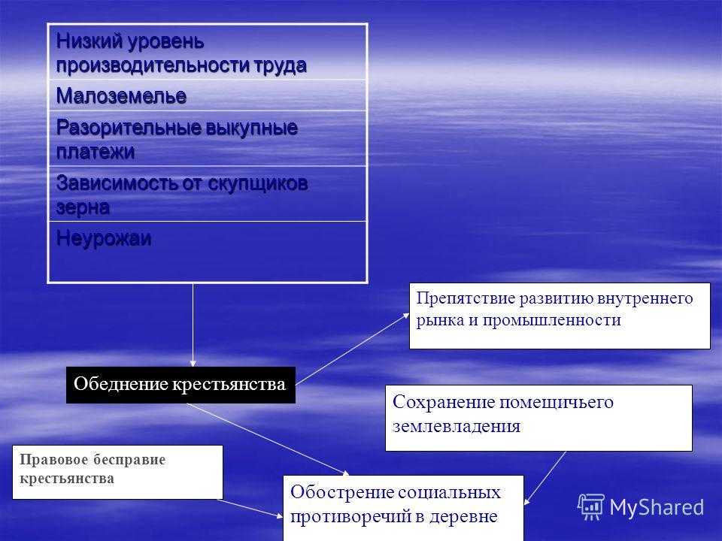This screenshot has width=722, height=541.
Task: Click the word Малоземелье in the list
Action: pyautogui.click(x=121, y=96)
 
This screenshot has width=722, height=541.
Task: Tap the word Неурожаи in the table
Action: pyautogui.click(x=104, y=238)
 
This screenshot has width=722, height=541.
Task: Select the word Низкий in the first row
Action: pyautogui.click(x=89, y=41)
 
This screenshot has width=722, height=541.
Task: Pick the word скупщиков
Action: pyautogui.click(x=258, y=184)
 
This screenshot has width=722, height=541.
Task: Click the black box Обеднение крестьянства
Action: pyautogui.click(x=180, y=385)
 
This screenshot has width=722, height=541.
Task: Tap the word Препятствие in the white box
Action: pyautogui.click(x=466, y=298)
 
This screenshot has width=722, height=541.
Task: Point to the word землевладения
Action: pyautogui.click(x=457, y=426)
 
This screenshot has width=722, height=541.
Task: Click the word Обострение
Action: pyautogui.click(x=340, y=492)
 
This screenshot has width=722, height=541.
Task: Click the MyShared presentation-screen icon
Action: pyautogui.click(x=591, y=507)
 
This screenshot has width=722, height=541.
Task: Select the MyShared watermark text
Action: pyautogui.click(x=657, y=508)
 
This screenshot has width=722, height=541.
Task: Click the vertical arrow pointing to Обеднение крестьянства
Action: pyautogui.click(x=193, y=325)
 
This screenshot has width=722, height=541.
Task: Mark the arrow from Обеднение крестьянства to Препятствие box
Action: pyautogui.click(x=352, y=349)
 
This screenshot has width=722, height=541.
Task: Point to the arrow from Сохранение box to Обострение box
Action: pyautogui.click(x=545, y=478)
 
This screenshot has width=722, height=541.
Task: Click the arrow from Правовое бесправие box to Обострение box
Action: pyautogui.click(x=250, y=509)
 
